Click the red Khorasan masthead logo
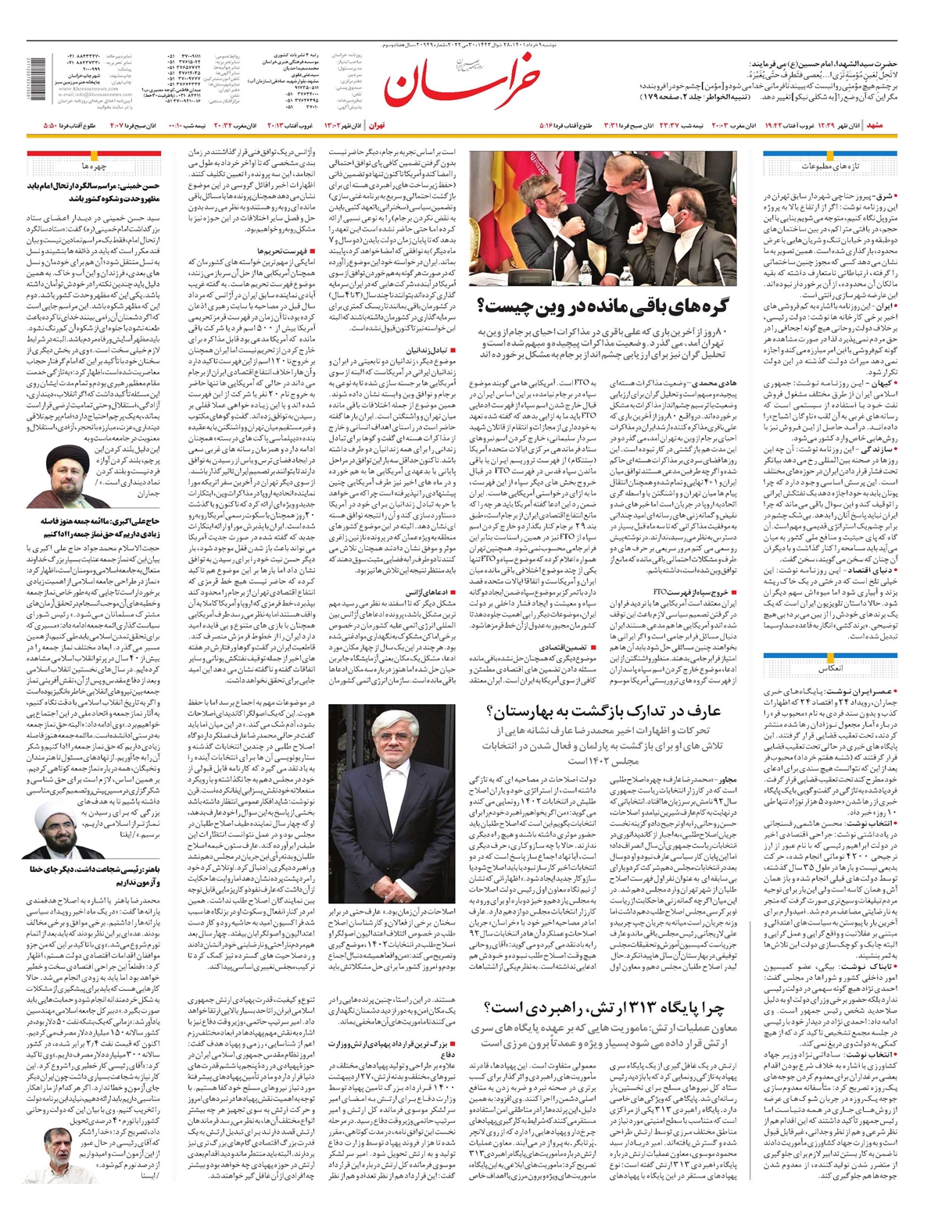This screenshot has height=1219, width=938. (461, 84)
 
